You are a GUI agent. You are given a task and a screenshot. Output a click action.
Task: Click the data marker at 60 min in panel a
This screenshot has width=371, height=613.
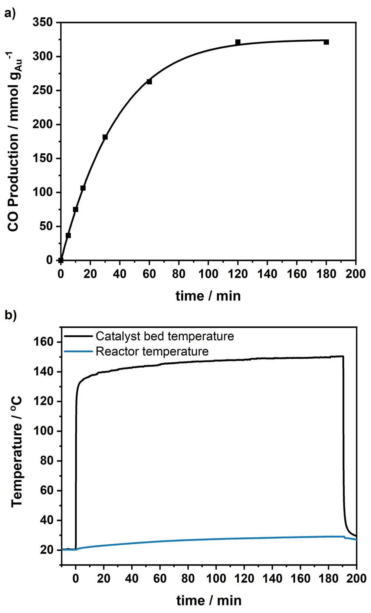pos(149,81)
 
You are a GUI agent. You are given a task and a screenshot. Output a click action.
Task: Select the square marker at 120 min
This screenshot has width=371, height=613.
pos(238,42)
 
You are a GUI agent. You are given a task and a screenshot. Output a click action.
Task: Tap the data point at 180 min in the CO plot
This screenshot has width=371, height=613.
pos(326,42)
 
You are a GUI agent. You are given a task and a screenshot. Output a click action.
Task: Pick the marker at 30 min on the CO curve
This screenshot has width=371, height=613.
pos(105,137)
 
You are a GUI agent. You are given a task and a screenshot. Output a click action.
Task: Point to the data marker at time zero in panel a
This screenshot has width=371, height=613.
pos(61,260)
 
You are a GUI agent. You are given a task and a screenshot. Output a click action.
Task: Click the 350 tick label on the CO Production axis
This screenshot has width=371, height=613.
pos(43,22)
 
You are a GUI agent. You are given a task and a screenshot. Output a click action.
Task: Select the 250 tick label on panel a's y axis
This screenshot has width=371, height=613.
pos(43,90)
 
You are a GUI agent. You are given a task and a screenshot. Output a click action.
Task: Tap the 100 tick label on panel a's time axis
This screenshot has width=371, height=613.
pos(208,274)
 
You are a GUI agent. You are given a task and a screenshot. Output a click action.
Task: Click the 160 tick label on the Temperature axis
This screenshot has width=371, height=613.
pos(44,342)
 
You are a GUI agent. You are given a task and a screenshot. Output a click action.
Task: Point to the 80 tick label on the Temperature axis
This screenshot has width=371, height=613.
pos(47,460)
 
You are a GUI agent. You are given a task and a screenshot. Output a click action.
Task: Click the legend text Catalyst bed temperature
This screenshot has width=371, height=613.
pos(165,336)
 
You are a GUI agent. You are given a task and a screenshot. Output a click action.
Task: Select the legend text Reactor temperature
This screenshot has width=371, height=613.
pos(152,351)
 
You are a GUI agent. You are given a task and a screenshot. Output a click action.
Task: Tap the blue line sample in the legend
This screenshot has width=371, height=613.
pos(78,351)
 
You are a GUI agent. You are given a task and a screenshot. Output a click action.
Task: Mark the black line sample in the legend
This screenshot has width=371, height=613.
pos(78,336)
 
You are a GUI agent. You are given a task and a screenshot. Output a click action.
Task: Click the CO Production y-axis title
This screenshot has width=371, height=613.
pos(14,141)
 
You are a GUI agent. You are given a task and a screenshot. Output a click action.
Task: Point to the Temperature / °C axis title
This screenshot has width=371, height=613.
pos(17,451)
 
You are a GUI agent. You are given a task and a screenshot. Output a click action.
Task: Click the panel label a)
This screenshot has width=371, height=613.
pos(10,14)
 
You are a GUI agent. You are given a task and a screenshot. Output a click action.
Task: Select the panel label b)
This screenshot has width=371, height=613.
pos(10,315)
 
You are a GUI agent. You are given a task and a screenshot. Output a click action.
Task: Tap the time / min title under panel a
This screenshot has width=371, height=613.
pos(208,296)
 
